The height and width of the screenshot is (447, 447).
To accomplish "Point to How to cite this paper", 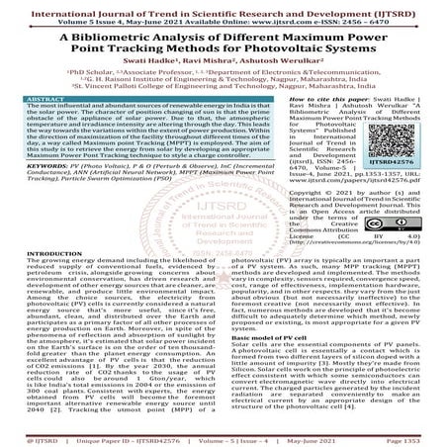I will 292,100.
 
